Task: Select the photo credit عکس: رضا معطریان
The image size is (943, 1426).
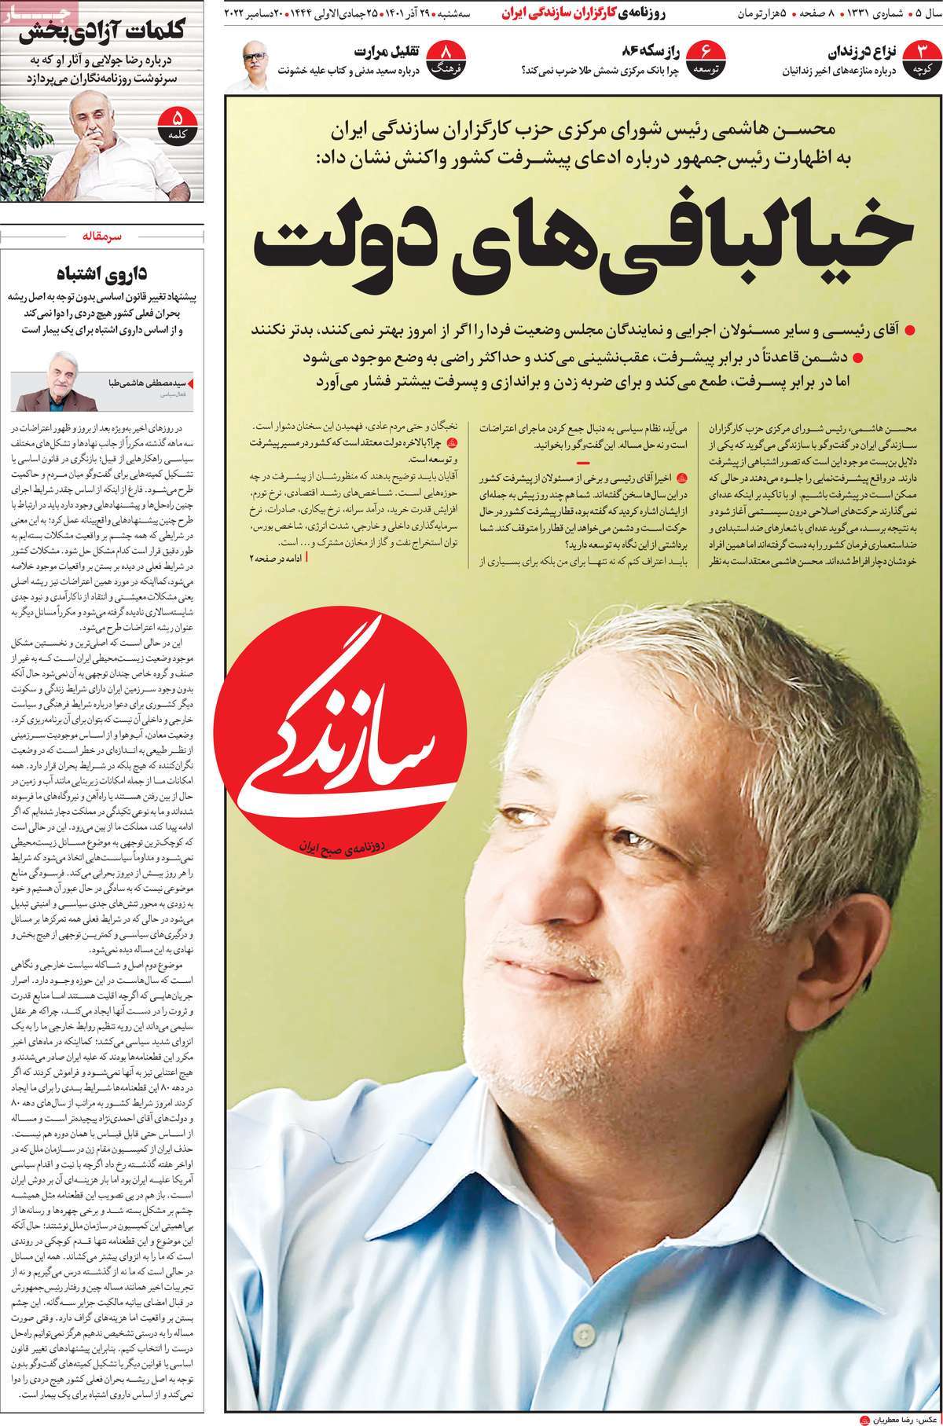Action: pos(896,1414)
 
